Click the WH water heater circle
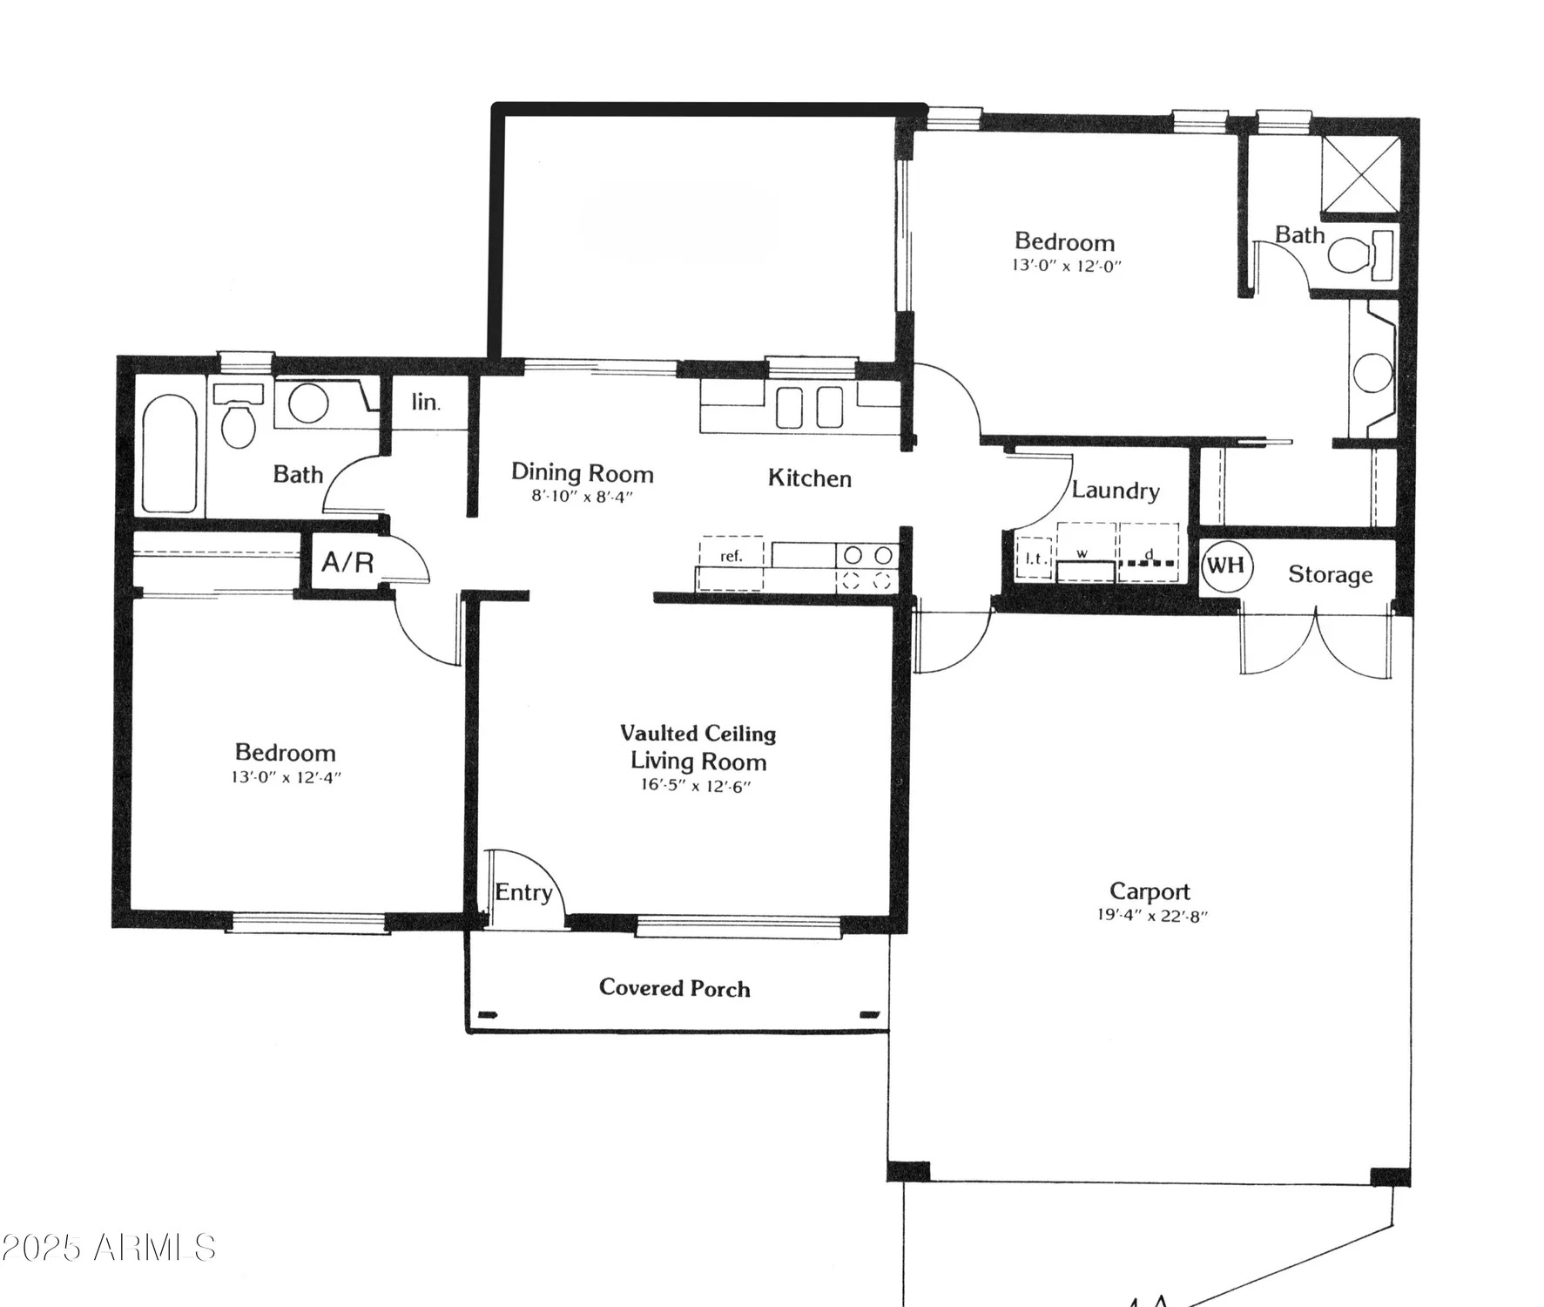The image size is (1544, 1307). point(1226,565)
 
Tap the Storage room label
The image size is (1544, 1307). point(1330,575)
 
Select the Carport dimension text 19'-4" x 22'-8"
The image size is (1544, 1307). point(1152,916)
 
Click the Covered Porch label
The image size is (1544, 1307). point(674,988)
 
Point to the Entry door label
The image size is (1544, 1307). point(523,892)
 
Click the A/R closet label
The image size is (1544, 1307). point(347,563)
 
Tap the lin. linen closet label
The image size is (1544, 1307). point(426,403)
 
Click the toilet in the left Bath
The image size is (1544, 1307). point(238,420)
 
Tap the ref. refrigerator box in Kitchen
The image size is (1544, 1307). point(732,555)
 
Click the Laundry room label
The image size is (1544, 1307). point(1115,491)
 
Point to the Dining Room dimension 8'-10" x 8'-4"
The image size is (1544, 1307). point(582,498)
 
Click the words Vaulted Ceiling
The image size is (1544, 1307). point(698,734)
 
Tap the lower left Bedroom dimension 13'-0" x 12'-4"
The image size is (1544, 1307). point(286,776)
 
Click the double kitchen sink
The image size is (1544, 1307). point(809,407)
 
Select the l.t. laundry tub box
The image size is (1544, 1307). point(1035,559)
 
